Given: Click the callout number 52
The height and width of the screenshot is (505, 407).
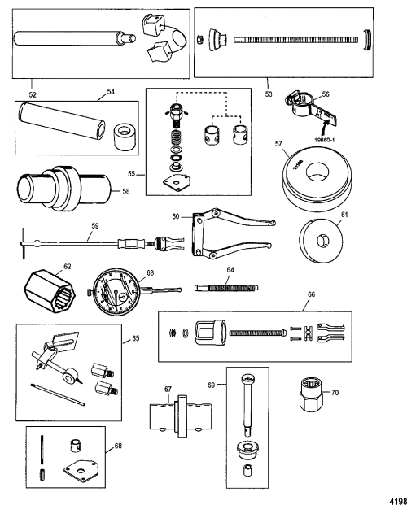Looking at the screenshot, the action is point(33,94).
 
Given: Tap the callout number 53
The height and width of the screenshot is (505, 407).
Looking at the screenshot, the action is point(269,94).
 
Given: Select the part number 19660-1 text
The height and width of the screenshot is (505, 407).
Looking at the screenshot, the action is point(325,140).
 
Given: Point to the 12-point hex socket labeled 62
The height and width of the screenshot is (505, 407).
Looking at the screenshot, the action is point(50,292).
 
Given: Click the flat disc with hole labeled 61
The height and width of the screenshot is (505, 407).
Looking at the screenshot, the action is point(322,241).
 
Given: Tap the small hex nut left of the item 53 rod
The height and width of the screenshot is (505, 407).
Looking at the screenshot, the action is point(199,40).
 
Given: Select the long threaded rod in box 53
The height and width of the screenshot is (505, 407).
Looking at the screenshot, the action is point(295,40).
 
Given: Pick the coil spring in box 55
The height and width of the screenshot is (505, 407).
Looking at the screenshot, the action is point(176,138).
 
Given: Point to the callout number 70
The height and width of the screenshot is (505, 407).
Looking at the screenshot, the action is point(335,393).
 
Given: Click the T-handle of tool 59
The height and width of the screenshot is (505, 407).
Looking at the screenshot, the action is point(24,243).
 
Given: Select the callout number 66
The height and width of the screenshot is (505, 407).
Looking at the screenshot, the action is point(311,294).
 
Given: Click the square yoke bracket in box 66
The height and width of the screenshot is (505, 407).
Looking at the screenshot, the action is point(210,333).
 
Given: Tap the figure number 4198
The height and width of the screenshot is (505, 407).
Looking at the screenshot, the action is point(398,501).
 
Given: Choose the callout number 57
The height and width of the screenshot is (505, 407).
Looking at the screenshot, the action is point(278,144).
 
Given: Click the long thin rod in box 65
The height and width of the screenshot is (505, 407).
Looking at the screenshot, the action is point(58,394).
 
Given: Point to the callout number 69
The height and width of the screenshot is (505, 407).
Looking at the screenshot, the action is point(212,385).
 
